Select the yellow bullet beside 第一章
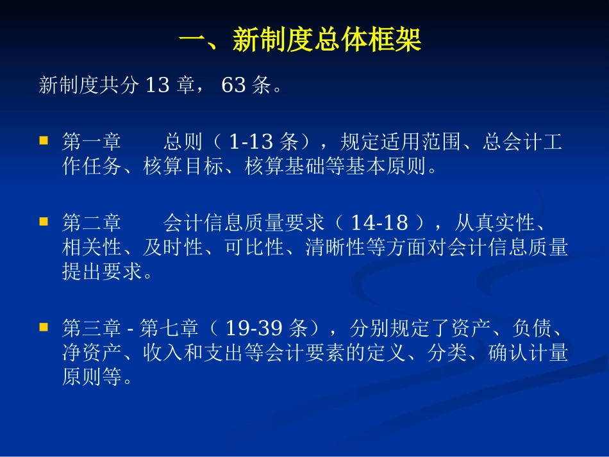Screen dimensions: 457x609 44,139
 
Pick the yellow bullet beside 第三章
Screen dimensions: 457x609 44,327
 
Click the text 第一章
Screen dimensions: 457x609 91,142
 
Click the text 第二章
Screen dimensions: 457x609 91,224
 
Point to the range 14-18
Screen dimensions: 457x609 380,224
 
